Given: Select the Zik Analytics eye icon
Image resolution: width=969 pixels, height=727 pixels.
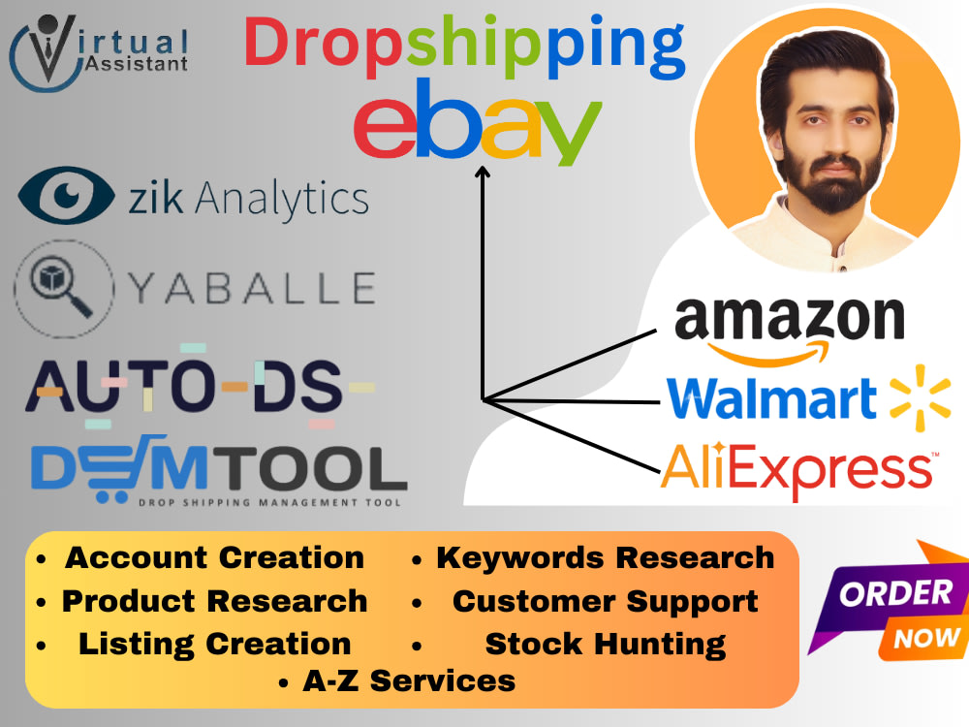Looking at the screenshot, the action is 66,196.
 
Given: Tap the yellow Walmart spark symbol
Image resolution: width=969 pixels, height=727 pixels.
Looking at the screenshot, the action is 920,397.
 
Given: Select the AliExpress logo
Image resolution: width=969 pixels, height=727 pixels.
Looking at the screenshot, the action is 799,471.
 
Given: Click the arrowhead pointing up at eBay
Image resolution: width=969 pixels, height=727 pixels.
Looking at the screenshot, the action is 482,172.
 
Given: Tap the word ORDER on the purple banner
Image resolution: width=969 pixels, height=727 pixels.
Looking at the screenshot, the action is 895,593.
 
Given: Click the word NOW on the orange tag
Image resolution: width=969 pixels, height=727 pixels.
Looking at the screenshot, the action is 927,638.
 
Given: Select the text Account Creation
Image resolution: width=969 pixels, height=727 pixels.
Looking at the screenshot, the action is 214,557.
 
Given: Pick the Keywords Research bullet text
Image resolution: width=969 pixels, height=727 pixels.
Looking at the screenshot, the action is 605,557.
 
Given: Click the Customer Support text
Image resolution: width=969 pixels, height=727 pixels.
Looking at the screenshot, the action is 605,602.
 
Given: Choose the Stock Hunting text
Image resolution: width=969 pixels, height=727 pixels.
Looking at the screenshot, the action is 605,645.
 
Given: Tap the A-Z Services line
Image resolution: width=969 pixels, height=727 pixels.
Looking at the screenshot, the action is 409,681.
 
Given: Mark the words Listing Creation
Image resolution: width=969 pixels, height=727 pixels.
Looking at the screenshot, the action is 214,645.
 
